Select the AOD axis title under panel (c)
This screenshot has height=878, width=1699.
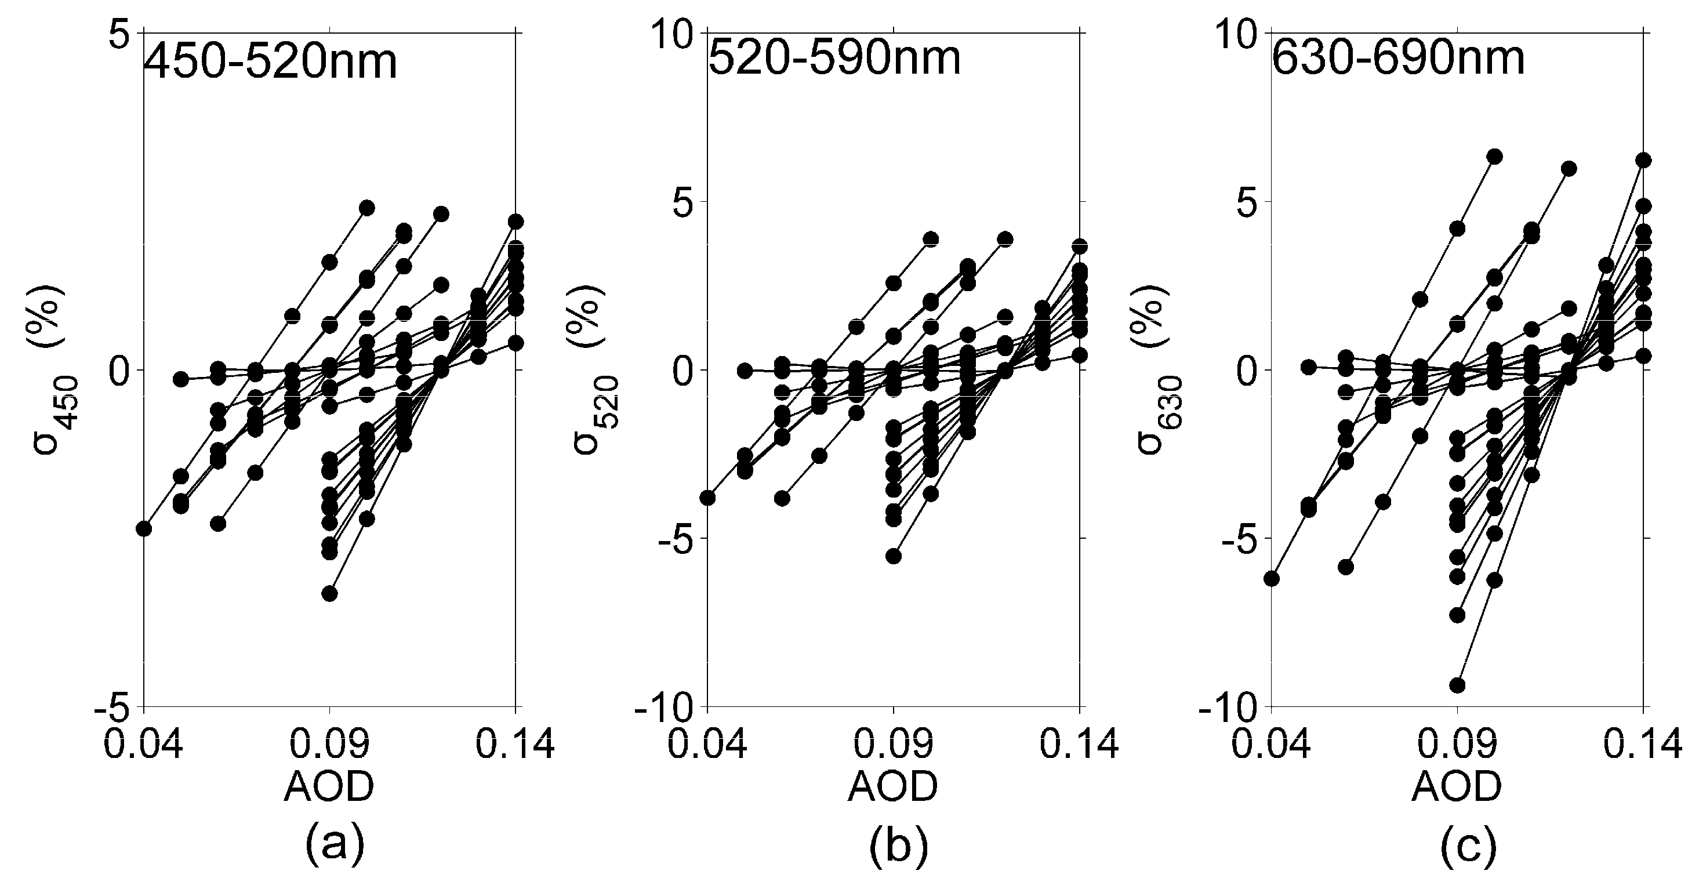[x=1457, y=786]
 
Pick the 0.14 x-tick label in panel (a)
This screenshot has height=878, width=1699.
[x=515, y=745]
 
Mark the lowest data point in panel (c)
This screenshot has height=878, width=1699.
[x=1458, y=685]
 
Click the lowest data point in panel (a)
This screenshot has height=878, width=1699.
[x=330, y=594]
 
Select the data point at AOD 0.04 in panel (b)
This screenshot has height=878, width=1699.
[x=707, y=498]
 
